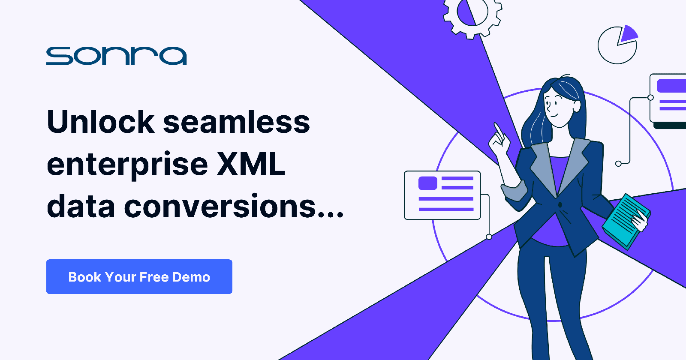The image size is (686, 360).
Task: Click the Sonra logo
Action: point(116,56)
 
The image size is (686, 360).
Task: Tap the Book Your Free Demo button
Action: point(139,277)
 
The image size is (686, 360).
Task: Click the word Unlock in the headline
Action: point(101,122)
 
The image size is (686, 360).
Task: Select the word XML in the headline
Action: point(251,164)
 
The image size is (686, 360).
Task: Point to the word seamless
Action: point(236,122)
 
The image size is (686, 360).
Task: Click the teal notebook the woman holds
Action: point(626,221)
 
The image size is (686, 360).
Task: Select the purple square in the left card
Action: point(428,183)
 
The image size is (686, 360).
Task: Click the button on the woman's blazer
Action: point(560,204)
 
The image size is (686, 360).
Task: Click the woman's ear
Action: point(576,106)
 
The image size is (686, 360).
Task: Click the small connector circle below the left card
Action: point(489,237)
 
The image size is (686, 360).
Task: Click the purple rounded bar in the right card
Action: point(671,86)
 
